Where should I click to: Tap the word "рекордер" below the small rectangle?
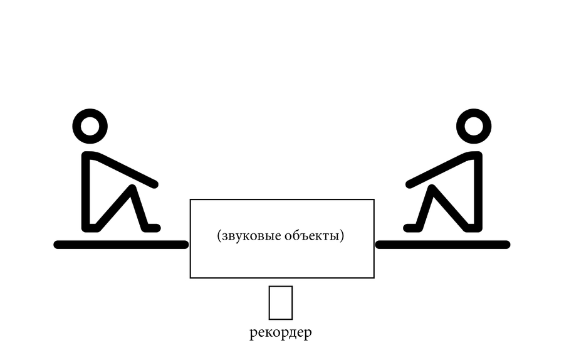pyautogui.click(x=281, y=332)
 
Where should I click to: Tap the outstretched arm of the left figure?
pyautogui.click(x=126, y=170)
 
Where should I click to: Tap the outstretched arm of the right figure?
pyautogui.click(x=438, y=170)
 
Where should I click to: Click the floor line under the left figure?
pyautogui.click(x=121, y=245)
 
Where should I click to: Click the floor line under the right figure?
pyautogui.click(x=443, y=245)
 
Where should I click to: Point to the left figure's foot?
pyautogui.click(x=152, y=228)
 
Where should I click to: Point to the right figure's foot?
pyautogui.click(x=412, y=228)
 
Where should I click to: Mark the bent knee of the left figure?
pyautogui.click(x=132, y=188)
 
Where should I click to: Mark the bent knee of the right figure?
pyautogui.click(x=432, y=188)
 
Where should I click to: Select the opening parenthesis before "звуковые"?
pyautogui.click(x=219, y=236)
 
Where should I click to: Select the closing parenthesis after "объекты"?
pyautogui.click(x=342, y=236)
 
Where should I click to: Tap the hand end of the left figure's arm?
pyautogui.click(x=155, y=184)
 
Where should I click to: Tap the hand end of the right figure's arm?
pyautogui.click(x=409, y=184)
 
